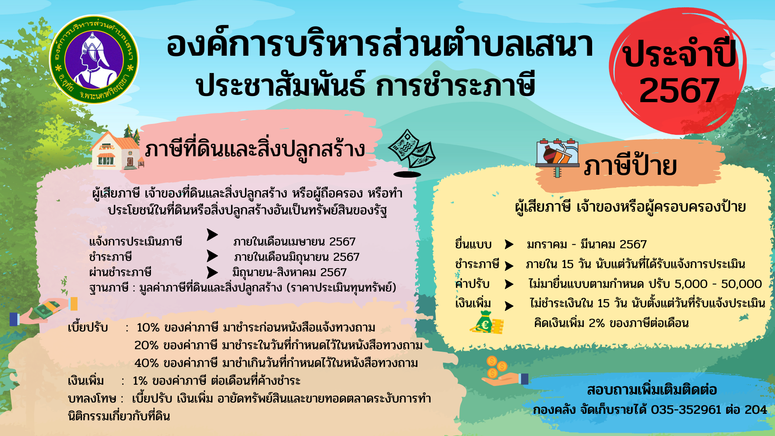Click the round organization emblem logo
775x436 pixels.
(x=94, y=59)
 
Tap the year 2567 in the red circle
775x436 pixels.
(x=679, y=90)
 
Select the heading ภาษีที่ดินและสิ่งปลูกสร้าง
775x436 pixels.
(x=255, y=149)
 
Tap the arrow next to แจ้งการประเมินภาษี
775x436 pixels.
(x=212, y=235)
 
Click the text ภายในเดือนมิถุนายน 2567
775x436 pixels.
(x=297, y=257)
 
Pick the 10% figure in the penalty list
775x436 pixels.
(x=148, y=327)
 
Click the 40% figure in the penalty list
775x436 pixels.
(x=147, y=363)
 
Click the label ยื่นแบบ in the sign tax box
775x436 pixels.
(x=473, y=244)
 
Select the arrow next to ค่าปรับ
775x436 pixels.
(x=509, y=284)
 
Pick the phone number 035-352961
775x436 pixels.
(x=686, y=410)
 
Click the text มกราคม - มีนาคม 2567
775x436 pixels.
(x=587, y=244)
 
